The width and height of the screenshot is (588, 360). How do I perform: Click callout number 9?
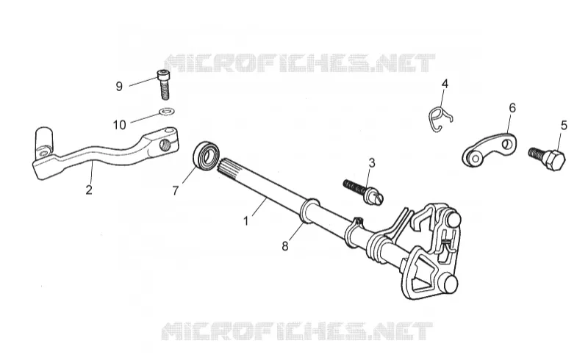[119, 87]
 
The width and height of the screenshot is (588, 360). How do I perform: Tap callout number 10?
[120, 125]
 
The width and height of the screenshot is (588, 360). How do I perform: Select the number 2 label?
[88, 190]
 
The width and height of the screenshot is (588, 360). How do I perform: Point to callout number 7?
[175, 191]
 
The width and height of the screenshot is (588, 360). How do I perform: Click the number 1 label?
[245, 221]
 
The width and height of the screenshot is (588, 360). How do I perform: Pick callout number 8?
[285, 246]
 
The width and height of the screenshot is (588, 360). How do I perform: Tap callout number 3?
[371, 163]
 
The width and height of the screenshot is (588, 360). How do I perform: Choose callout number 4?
[445, 84]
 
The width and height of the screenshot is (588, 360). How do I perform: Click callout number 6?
[512, 108]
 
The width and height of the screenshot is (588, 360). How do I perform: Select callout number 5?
[564, 126]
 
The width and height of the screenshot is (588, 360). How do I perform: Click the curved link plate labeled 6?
[490, 151]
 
